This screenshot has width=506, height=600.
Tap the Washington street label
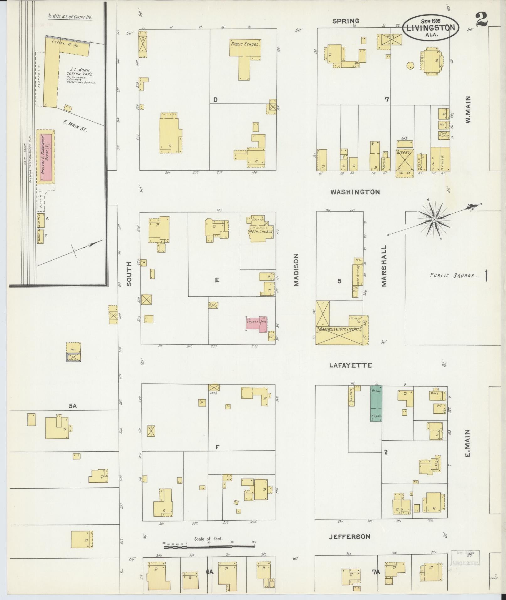[x=355, y=192]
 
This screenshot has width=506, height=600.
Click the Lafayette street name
[x=350, y=365]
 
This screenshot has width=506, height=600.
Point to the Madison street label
[x=296, y=270]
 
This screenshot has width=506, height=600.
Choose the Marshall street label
[x=384, y=266]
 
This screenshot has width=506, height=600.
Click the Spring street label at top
[x=346, y=21]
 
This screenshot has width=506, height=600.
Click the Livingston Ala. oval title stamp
[x=431, y=27]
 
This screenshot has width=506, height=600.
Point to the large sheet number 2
[x=481, y=20]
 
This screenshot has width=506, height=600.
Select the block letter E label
[x=217, y=280]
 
